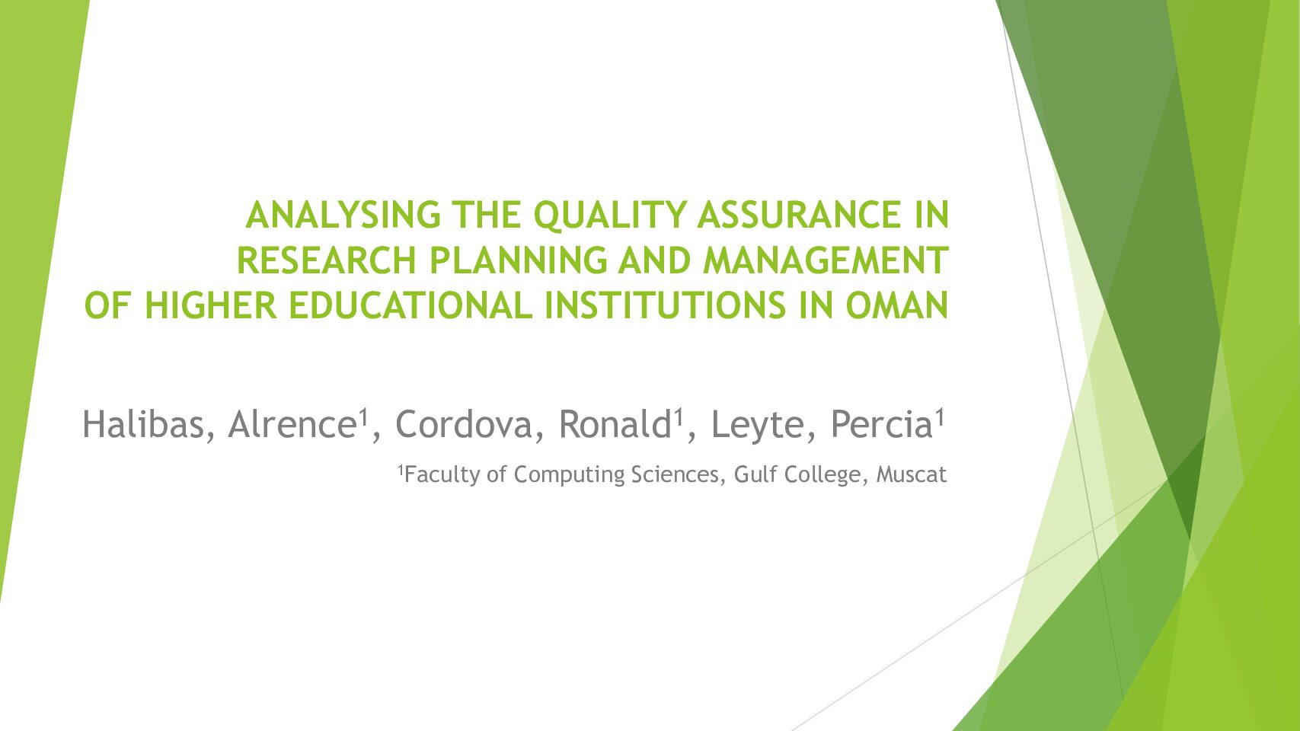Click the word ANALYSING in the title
click(x=343, y=215)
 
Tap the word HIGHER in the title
click(x=210, y=305)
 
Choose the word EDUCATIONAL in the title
click(x=410, y=305)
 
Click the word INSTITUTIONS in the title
click(x=665, y=305)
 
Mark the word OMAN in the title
click(x=897, y=305)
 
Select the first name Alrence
click(x=292, y=424)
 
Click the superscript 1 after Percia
click(x=940, y=418)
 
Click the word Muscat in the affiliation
click(x=911, y=474)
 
